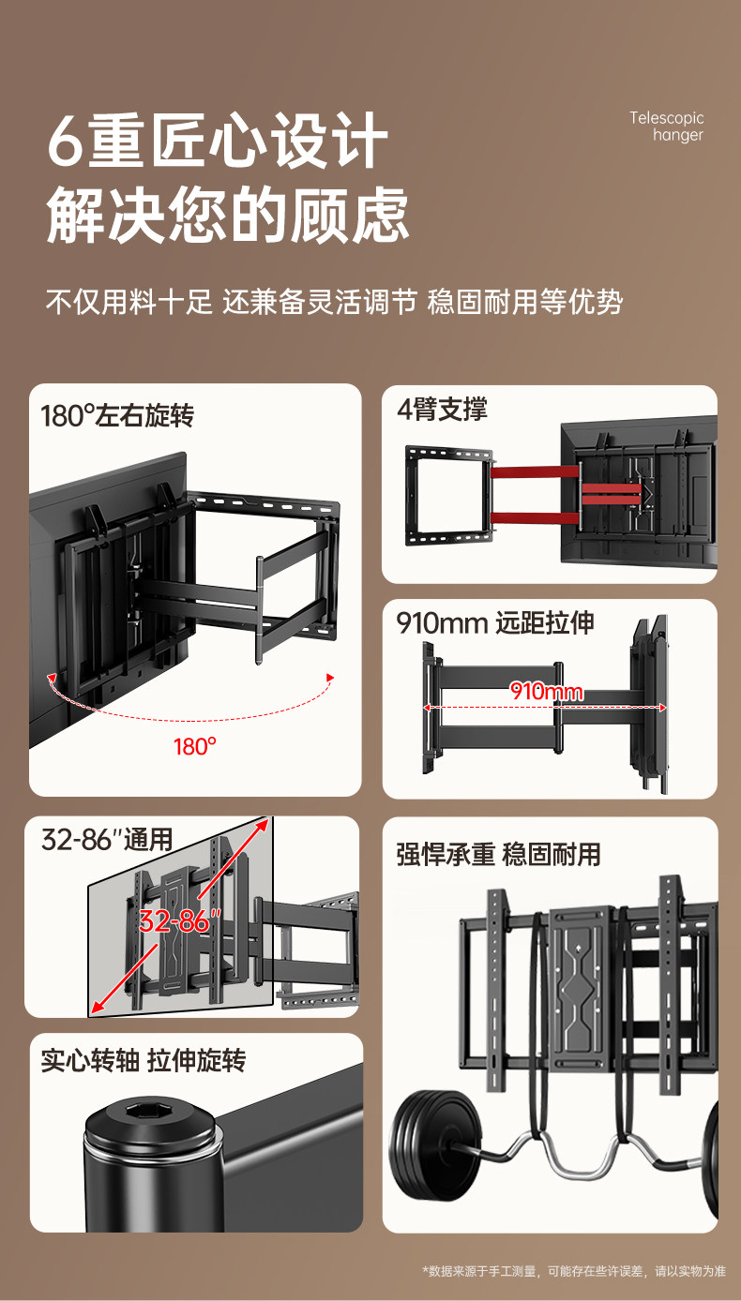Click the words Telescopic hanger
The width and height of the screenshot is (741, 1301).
click(667, 127)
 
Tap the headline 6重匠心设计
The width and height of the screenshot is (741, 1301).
click(218, 141)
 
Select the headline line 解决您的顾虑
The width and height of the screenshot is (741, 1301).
click(228, 215)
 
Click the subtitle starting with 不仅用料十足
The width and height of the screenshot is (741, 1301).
click(334, 302)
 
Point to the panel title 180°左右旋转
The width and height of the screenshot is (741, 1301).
click(117, 415)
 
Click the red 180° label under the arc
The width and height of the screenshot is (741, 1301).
click(195, 747)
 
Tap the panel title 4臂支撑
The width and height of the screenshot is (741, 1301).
click(442, 410)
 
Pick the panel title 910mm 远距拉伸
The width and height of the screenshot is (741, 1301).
click(495, 623)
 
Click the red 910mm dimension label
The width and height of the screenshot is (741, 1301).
click(547, 693)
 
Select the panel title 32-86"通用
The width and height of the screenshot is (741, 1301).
click(107, 839)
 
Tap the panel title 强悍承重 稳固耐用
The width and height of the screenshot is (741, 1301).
click(498, 854)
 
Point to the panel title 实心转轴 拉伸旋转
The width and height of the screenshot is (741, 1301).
click(143, 1061)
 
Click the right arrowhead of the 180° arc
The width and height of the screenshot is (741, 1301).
click(329, 677)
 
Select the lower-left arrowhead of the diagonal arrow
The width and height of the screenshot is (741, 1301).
click(95, 1009)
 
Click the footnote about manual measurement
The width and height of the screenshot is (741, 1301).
click(574, 1271)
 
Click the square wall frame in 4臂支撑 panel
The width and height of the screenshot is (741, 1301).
click(448, 495)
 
